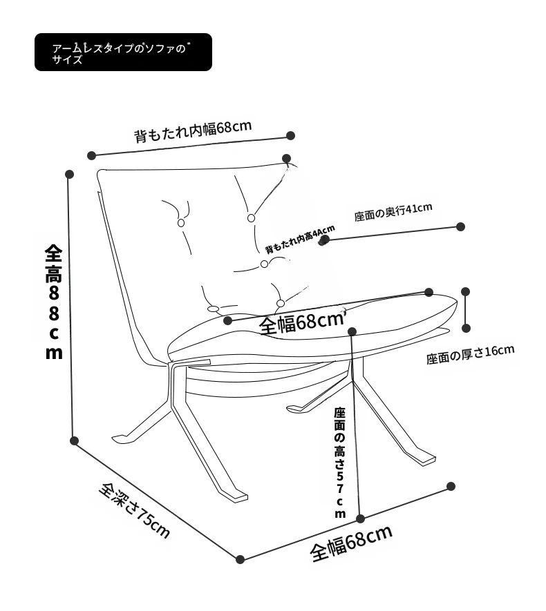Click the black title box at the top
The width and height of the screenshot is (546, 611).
tap(123, 52)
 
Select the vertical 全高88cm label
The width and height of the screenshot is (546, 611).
tap(54, 302)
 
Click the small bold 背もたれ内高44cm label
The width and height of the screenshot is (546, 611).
tap(300, 240)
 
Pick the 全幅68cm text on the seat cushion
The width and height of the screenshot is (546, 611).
tap(302, 322)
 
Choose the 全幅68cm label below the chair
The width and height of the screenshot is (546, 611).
tap(351, 543)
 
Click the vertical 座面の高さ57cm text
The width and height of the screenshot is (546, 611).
tap(339, 463)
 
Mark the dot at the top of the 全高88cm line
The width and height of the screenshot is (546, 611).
tap(69, 174)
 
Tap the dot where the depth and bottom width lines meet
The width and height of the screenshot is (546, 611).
tap(240, 559)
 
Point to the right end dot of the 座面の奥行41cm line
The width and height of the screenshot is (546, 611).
tap(461, 226)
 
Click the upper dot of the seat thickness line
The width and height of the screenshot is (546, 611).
tap(466, 291)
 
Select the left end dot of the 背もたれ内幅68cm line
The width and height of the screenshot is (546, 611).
tap(91, 155)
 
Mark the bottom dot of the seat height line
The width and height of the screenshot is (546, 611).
tap(360, 518)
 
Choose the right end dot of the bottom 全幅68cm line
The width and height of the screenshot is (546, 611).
tap(451, 486)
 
